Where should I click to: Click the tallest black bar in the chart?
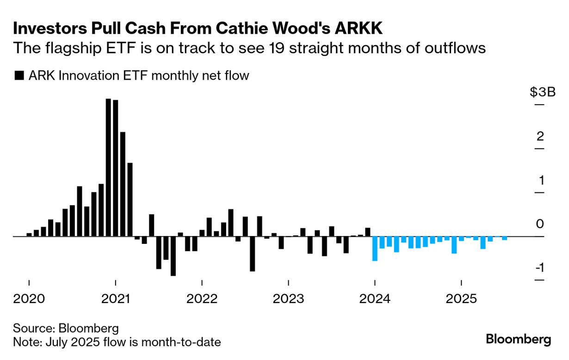(108, 168)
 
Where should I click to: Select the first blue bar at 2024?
(375, 248)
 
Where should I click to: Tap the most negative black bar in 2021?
(173, 256)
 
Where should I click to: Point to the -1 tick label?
(539, 269)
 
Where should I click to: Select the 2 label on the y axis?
(539, 137)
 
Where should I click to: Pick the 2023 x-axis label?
(288, 299)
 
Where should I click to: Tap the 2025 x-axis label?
(461, 299)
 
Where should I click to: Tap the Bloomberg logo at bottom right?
(519, 339)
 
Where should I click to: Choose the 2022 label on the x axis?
(202, 299)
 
